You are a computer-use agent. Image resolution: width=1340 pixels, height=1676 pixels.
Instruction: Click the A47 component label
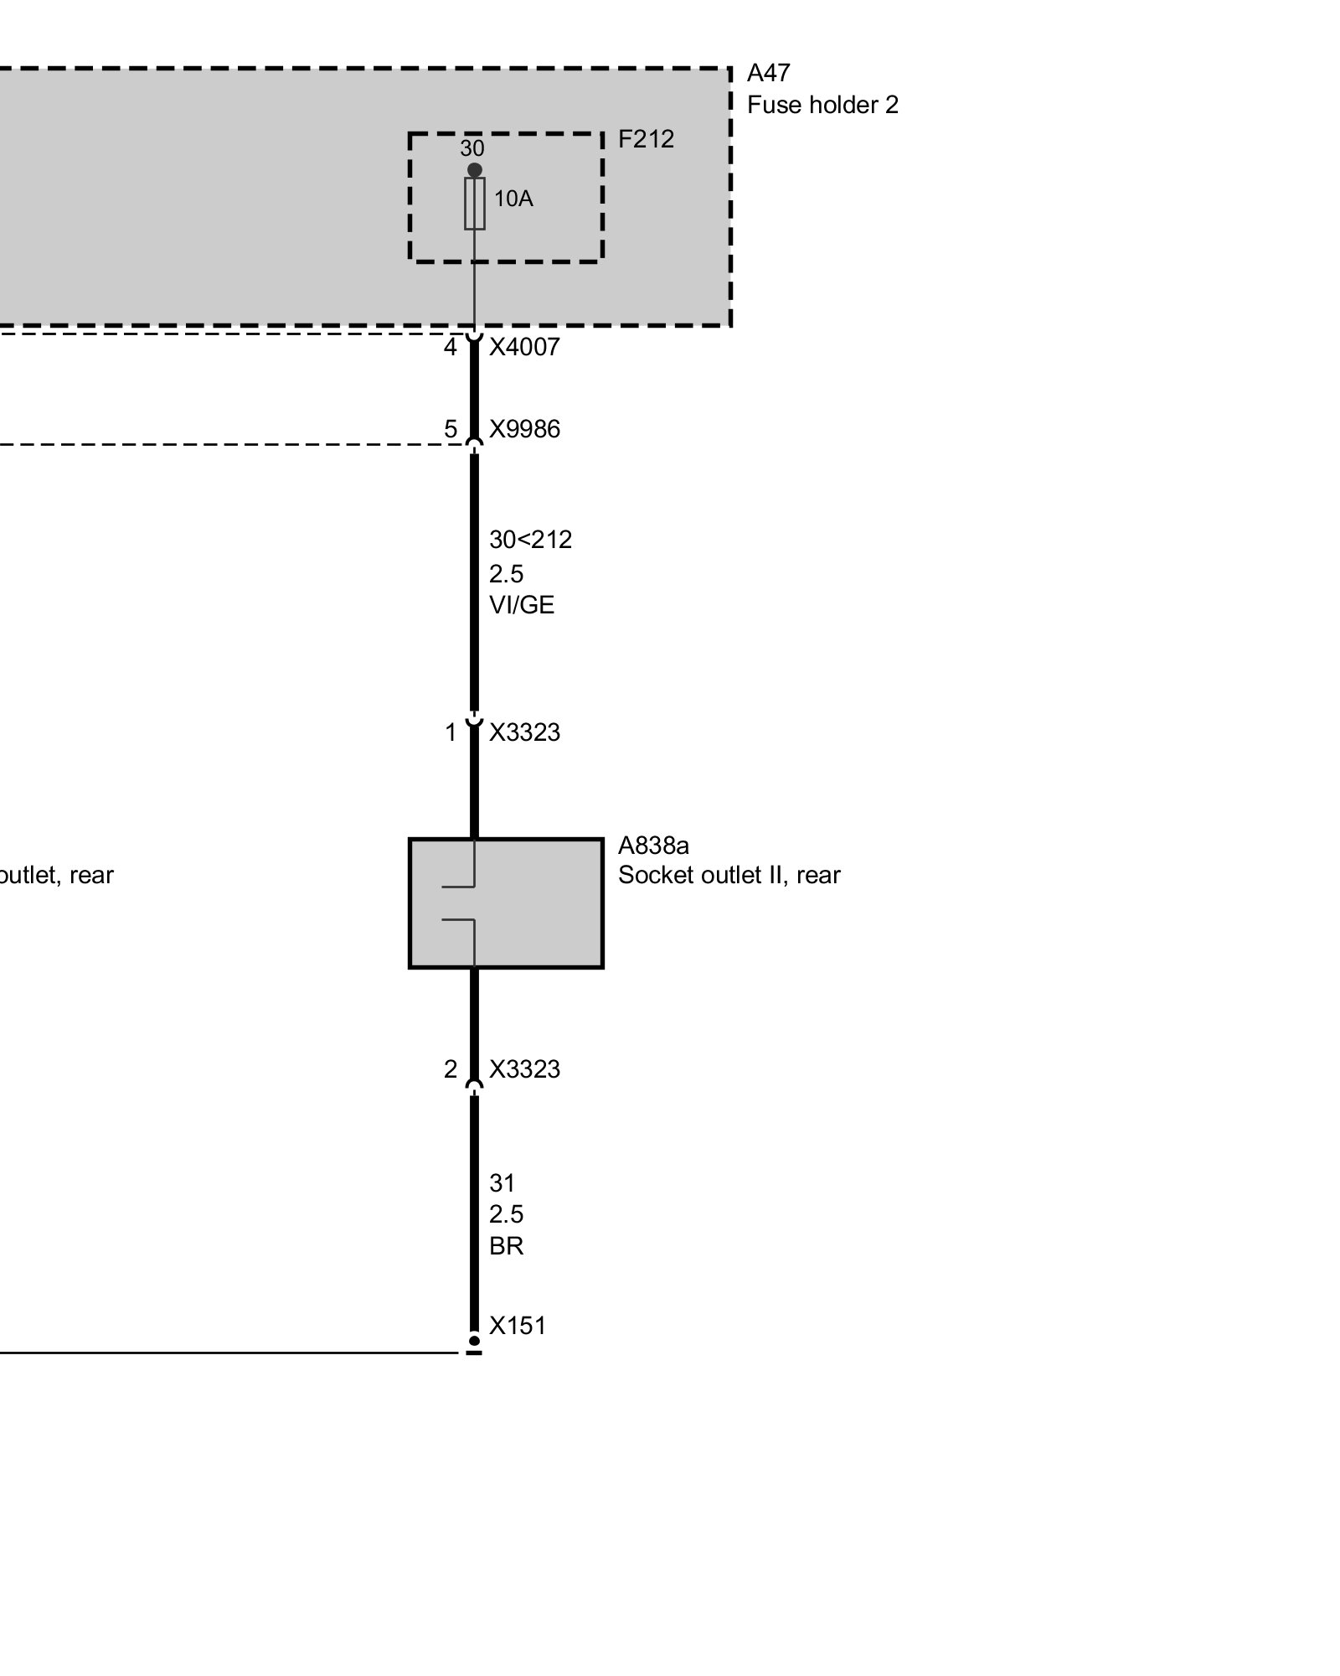coord(768,74)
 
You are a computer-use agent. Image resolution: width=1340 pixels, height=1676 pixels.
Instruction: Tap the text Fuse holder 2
coord(822,106)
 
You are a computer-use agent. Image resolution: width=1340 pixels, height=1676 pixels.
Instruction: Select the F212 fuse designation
coord(645,139)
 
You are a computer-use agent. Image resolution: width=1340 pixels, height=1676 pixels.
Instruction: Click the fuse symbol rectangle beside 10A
coord(474,204)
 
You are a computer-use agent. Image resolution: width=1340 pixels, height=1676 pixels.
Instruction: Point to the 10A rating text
coord(513,199)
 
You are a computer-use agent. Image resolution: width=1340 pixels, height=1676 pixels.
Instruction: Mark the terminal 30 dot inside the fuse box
coord(474,170)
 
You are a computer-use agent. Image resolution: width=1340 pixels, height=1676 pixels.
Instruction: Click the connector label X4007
coord(523,347)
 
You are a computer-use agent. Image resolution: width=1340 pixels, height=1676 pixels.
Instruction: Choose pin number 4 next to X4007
coord(451,347)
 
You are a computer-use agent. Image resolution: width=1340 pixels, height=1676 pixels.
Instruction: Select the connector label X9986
coord(523,429)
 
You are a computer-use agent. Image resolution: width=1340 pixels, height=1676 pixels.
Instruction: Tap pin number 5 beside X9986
coord(451,429)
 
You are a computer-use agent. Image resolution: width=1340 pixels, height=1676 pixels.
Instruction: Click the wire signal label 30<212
coord(530,540)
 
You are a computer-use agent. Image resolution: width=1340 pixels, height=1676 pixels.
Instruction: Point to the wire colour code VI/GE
coord(521,605)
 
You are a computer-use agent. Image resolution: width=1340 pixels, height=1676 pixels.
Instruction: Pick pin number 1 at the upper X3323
coord(451,732)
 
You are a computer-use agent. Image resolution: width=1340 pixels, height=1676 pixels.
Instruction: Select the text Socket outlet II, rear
coord(729,875)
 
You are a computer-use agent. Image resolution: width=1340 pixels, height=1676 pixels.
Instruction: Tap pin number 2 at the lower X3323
coord(451,1069)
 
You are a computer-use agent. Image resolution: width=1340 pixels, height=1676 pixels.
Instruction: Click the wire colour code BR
coord(506,1246)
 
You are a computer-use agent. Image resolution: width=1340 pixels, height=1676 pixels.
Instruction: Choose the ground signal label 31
coord(502,1183)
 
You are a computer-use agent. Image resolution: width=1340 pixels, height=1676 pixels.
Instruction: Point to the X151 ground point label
coord(517,1326)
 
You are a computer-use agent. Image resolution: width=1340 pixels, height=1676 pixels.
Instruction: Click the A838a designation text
coord(653,846)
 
